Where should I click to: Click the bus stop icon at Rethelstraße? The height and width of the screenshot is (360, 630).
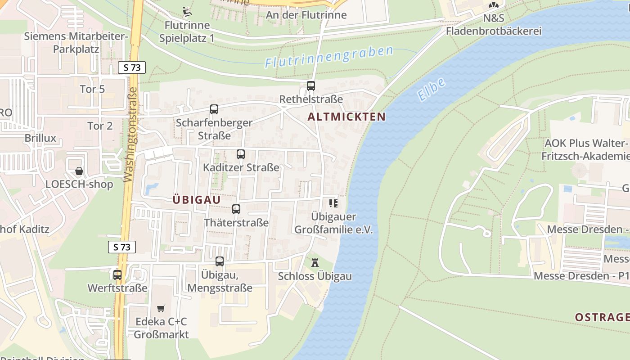pos(310,85)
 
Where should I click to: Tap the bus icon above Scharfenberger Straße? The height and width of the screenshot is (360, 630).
pos(214,109)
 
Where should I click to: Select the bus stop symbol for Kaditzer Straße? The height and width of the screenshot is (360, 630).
pos(241,154)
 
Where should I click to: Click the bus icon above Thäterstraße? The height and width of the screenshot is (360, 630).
pos(236,209)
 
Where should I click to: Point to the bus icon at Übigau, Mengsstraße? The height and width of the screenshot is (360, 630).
pos(220,261)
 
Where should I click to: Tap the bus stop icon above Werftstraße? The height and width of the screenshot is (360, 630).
pos(117,274)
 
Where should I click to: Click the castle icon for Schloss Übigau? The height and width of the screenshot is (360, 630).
pos(315,262)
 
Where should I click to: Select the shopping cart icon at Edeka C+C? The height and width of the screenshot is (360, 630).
pos(161,308)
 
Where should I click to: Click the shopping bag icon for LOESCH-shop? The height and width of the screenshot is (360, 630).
pos(79,171)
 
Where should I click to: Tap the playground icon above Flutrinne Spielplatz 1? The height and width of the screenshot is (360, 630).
pos(187,11)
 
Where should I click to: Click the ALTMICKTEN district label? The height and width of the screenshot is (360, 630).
pos(346,117)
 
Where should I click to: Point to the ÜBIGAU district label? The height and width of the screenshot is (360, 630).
pos(197,200)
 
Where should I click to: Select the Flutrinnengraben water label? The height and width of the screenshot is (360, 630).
pos(329,57)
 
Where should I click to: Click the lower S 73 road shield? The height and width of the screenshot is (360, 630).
pos(122,247)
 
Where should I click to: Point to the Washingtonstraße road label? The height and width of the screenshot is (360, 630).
pos(130,135)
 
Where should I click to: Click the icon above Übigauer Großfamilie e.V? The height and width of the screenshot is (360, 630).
pos(333,203)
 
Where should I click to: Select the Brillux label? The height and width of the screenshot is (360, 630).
pos(40,138)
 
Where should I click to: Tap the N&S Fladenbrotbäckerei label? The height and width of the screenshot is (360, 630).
pos(493,25)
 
